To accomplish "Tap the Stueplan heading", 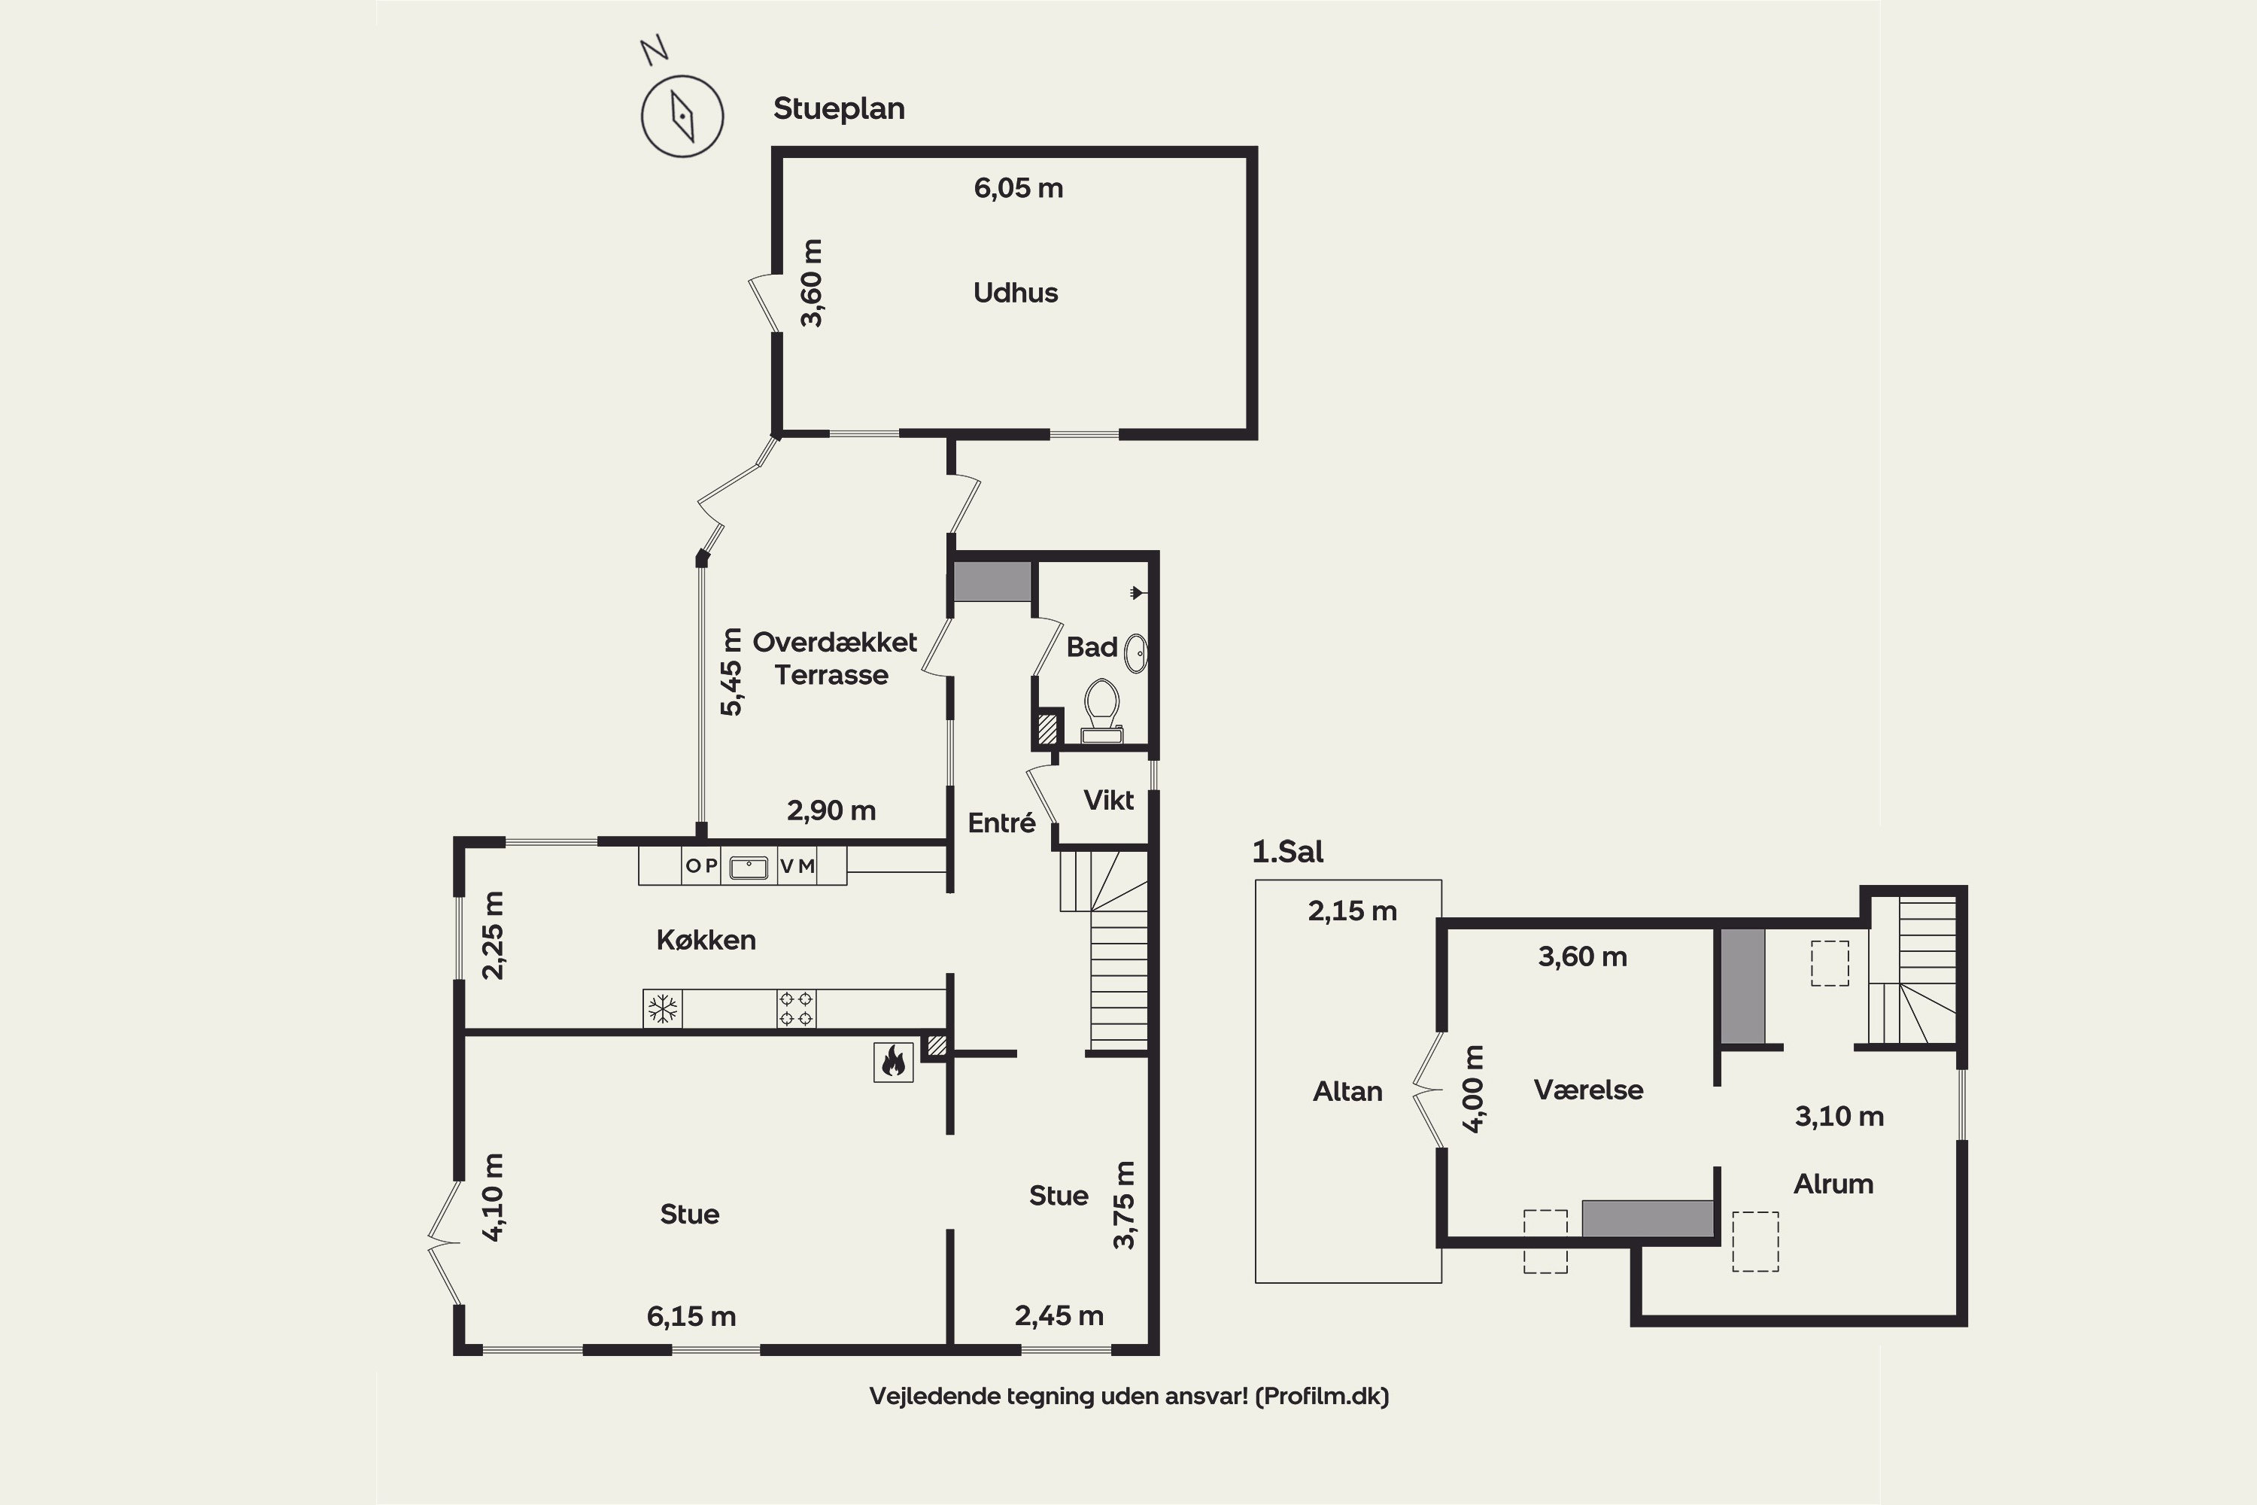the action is click(x=839, y=108).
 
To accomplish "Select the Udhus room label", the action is click(x=1015, y=292).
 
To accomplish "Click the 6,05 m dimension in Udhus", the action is click(x=1018, y=188).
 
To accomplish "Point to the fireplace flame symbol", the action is click(x=892, y=1062).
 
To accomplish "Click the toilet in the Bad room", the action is click(x=1101, y=711).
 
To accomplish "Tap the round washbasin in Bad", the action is click(x=1136, y=654).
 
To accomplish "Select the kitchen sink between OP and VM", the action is click(x=749, y=868).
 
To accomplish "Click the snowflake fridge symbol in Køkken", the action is click(x=662, y=1009).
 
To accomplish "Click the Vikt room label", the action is click(x=1108, y=801).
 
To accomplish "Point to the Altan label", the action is click(x=1347, y=1091).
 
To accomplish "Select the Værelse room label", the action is click(x=1588, y=1090).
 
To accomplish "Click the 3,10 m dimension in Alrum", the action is click(x=1839, y=1116).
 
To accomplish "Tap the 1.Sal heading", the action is click(x=1288, y=851).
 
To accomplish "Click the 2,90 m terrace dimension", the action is click(x=831, y=811).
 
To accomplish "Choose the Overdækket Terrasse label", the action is click(x=834, y=658).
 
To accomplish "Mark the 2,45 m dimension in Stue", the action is click(x=1059, y=1316).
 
